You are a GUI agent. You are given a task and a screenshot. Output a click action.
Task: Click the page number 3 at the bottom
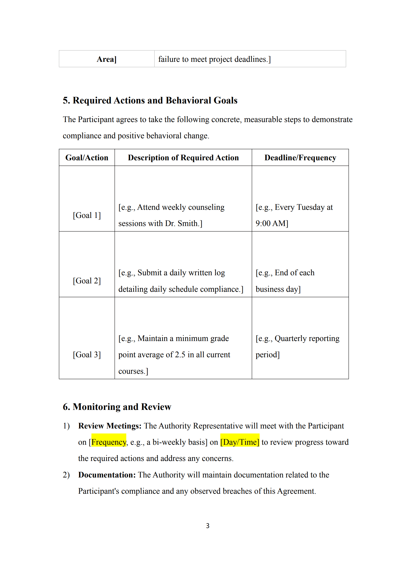(207, 526)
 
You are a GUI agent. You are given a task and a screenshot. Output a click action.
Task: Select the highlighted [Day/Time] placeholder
(240, 442)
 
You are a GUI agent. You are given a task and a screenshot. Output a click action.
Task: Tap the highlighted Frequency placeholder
(109, 442)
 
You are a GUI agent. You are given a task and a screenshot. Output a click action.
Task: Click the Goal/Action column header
(87, 158)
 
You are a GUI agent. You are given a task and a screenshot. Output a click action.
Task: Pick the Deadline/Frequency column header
(300, 158)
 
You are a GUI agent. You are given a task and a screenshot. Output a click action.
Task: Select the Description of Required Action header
(183, 158)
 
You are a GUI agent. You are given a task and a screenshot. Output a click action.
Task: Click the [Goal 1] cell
(87, 215)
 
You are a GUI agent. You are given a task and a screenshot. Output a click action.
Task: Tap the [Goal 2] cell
(87, 281)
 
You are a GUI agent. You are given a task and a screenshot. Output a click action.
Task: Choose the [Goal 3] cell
(87, 355)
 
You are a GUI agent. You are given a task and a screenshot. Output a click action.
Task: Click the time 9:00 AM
(271, 223)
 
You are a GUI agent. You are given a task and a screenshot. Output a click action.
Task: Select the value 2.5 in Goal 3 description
(180, 355)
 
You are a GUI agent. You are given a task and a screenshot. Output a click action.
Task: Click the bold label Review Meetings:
(110, 426)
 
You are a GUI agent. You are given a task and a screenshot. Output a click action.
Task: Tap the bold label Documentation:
(107, 475)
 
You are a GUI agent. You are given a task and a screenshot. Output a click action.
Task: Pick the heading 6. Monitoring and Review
(117, 407)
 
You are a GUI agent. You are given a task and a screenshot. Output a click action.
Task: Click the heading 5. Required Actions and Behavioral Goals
(150, 101)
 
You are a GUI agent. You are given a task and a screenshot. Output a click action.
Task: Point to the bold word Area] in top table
(106, 59)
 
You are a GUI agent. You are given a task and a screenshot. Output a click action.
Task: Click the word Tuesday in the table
(310, 207)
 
